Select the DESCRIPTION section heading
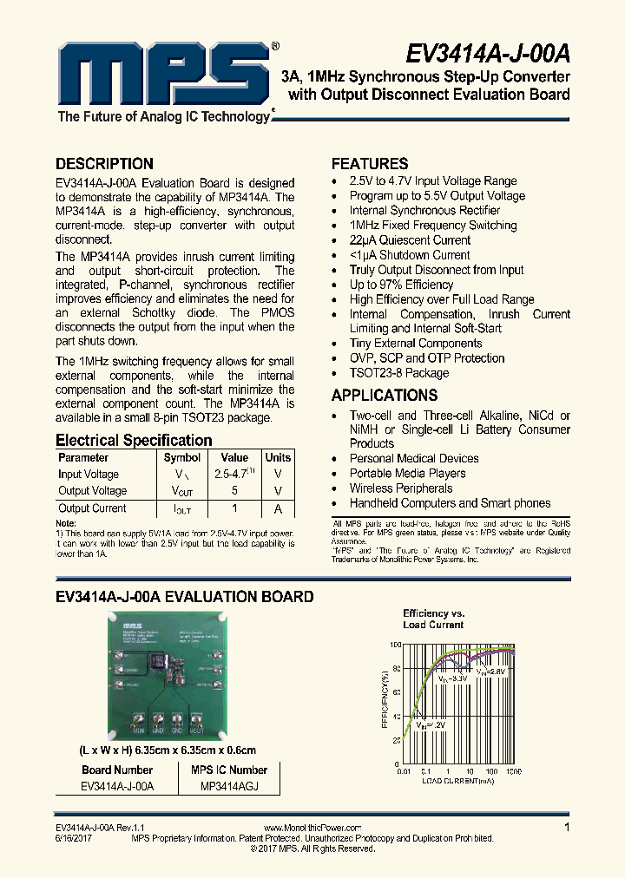[104, 164]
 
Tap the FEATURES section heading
[370, 164]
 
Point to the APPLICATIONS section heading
[384, 396]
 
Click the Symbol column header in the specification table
[182, 457]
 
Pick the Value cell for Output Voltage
[234, 491]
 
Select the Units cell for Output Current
[278, 508]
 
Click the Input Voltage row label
[89, 475]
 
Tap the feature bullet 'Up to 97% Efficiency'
[401, 285]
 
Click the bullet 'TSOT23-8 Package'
[399, 373]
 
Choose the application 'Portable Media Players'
[407, 474]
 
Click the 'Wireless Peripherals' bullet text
[401, 488]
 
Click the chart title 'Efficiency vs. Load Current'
[433, 619]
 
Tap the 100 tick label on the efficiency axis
[395, 645]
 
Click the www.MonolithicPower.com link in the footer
[312, 829]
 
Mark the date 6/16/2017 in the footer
[74, 838]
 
